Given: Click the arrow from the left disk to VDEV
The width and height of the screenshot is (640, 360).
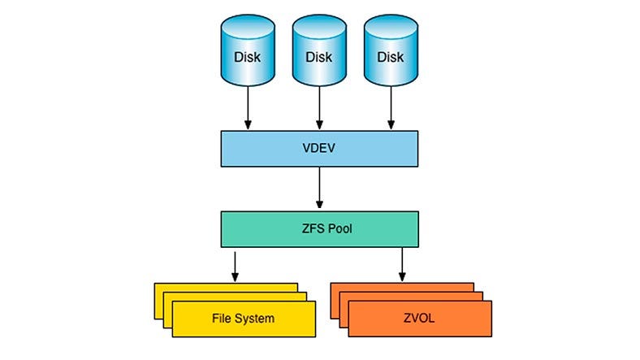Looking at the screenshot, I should click(248, 110).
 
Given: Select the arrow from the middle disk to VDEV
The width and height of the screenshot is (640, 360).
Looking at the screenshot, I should click(319, 110).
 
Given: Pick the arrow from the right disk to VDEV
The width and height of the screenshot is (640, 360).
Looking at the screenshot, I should click(391, 110).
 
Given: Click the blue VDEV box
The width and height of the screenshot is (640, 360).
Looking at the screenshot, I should click(319, 150).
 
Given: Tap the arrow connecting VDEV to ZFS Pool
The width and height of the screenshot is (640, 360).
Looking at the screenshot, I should click(319, 189).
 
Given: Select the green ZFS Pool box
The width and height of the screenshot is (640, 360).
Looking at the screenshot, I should click(319, 229).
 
